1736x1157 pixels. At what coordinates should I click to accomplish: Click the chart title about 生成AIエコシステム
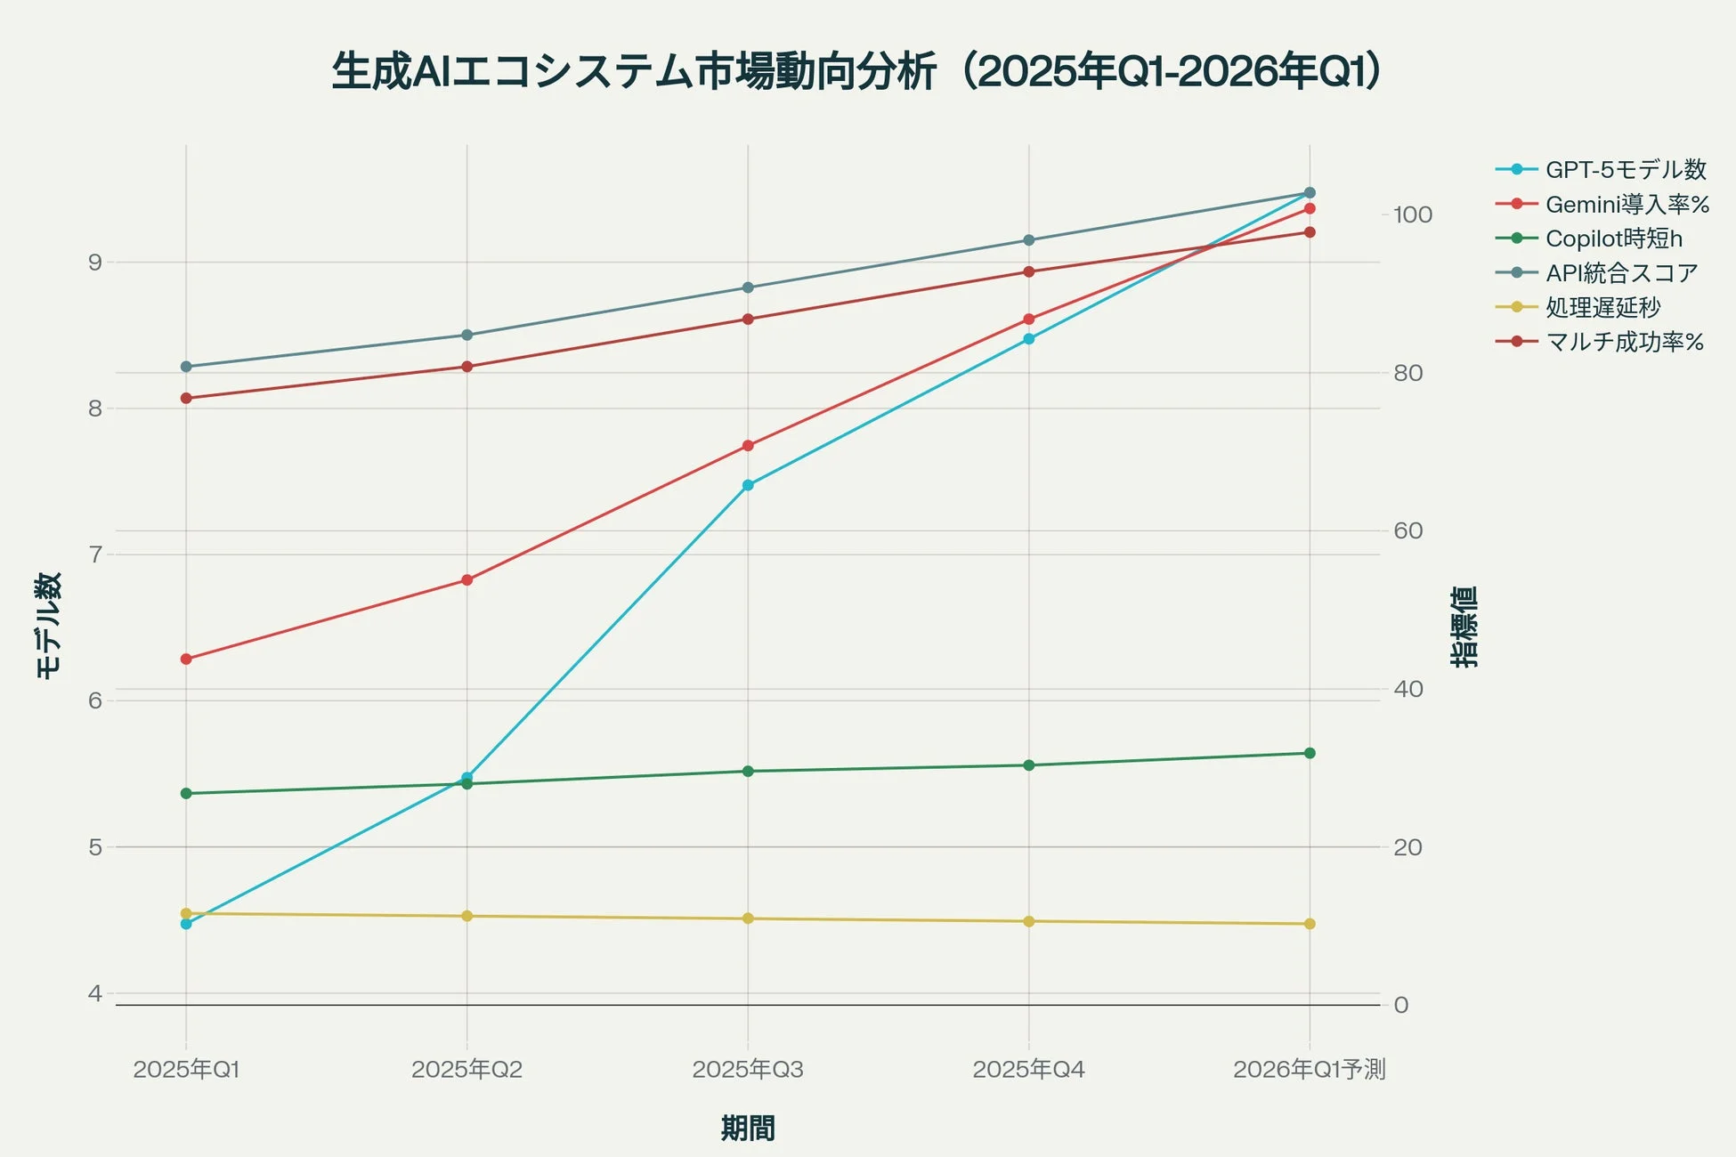pos(857,72)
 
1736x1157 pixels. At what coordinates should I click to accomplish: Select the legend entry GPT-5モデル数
pos(1626,169)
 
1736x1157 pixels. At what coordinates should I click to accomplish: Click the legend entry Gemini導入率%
pos(1626,204)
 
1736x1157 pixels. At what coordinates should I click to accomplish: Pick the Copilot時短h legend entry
pos(1613,239)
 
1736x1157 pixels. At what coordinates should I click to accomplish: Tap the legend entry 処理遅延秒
pos(1602,307)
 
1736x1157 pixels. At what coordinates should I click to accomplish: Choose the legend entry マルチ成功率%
pos(1624,342)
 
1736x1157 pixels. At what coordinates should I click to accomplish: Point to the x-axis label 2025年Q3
pos(748,1069)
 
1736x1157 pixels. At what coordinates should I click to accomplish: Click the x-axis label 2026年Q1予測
pos(1309,1069)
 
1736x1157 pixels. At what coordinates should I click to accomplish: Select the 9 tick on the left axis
pos(95,263)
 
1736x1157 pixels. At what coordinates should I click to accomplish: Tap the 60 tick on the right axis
pos(1407,531)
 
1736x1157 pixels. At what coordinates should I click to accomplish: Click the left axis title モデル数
pos(49,625)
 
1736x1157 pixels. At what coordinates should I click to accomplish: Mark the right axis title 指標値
pos(1464,627)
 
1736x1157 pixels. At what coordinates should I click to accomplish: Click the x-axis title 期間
pos(748,1129)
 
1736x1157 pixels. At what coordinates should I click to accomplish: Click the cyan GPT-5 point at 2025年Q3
pos(748,485)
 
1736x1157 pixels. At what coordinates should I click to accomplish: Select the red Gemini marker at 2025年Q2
pos(467,580)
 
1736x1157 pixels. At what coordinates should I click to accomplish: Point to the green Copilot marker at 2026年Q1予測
pos(1310,753)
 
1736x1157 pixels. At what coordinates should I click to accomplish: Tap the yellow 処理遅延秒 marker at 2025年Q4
pos(1029,921)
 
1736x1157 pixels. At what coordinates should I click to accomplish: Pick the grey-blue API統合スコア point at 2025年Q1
pos(186,367)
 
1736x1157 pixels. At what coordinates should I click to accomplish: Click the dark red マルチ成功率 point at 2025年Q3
pos(748,319)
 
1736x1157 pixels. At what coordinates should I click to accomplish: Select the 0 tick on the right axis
pos(1401,1005)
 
